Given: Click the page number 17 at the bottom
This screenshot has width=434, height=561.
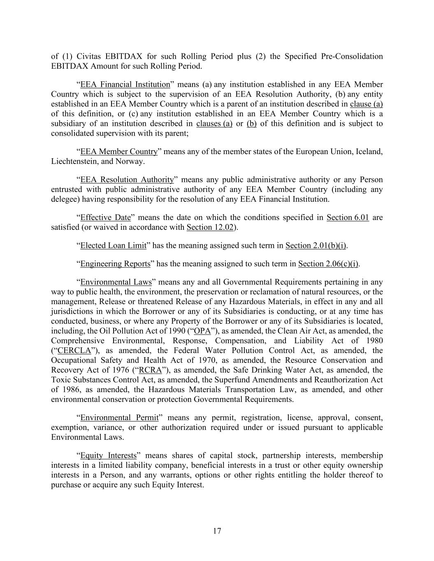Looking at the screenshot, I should point(217,531).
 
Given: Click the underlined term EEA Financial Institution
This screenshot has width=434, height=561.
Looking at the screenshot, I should point(125,85).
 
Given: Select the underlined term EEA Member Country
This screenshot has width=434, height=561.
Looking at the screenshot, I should point(119,152).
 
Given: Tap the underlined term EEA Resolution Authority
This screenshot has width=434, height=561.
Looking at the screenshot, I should point(127,180).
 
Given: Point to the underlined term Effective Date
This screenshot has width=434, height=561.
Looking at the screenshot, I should point(105,217).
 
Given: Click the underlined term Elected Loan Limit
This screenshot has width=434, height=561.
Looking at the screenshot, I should point(113,246).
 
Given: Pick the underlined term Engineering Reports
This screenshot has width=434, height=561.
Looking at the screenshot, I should point(115,264).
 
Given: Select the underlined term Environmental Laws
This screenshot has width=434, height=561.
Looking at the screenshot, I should point(116,282).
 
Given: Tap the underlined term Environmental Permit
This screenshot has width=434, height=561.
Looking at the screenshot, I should point(119,418).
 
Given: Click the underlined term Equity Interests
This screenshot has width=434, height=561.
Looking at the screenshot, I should point(108,456).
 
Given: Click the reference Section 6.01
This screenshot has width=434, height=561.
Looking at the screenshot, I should point(348,217).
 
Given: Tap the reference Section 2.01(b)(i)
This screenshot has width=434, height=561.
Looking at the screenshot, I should point(316,246).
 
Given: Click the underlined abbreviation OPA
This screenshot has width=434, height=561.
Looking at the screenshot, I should point(202,331).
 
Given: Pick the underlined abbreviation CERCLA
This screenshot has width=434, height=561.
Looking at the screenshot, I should point(74,351).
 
